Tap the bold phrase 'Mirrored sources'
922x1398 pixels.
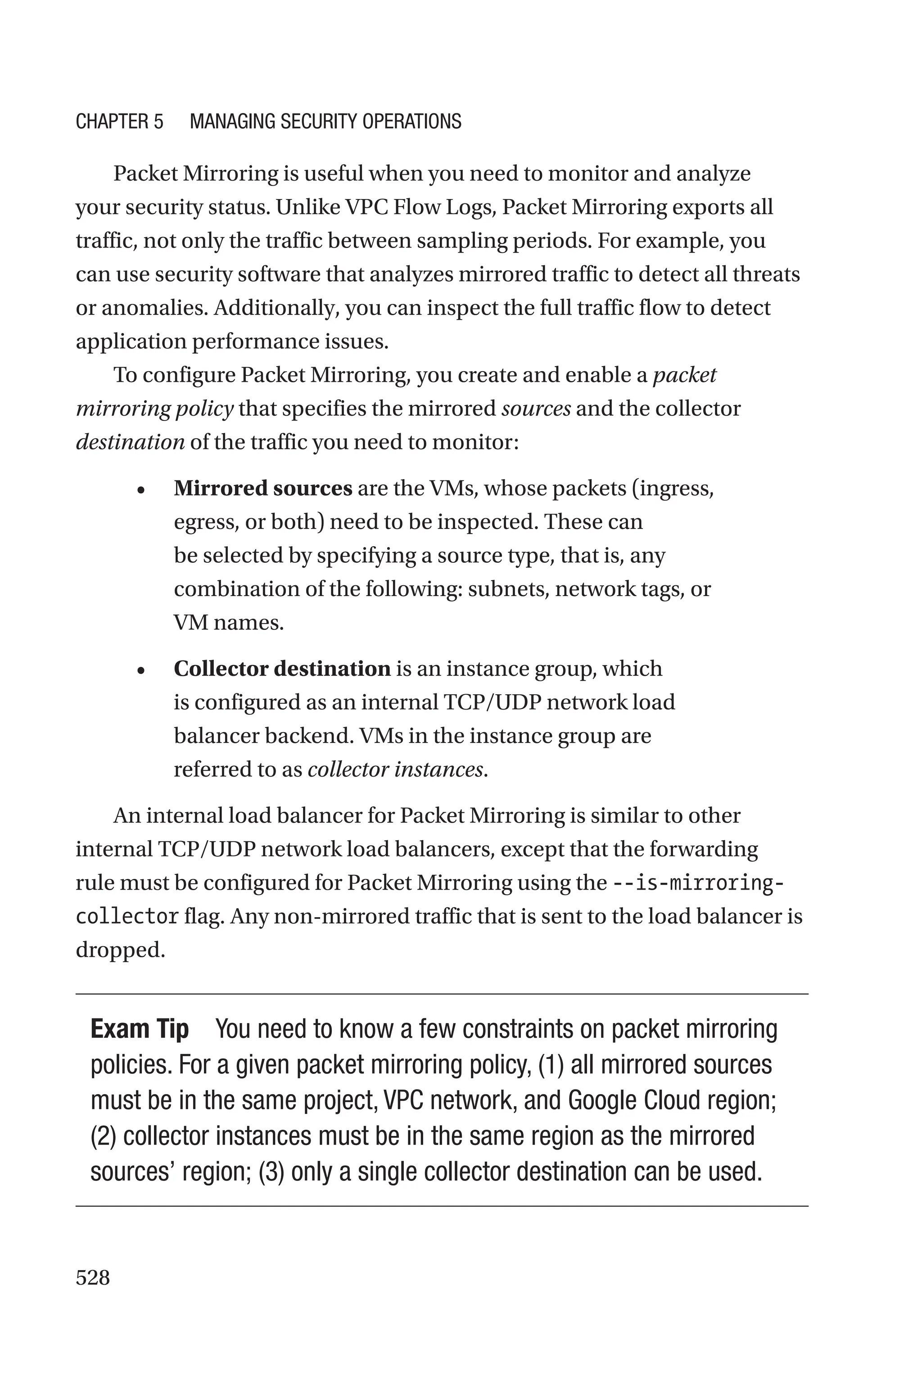(263, 489)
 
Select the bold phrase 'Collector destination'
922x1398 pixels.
(282, 669)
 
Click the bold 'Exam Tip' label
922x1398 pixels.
(140, 1029)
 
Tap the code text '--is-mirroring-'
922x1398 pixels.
(698, 883)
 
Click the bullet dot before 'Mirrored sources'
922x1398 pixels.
(140, 490)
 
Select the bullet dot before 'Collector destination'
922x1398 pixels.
(140, 671)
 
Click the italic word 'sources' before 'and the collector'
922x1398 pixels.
(536, 408)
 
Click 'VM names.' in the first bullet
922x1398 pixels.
(229, 623)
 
